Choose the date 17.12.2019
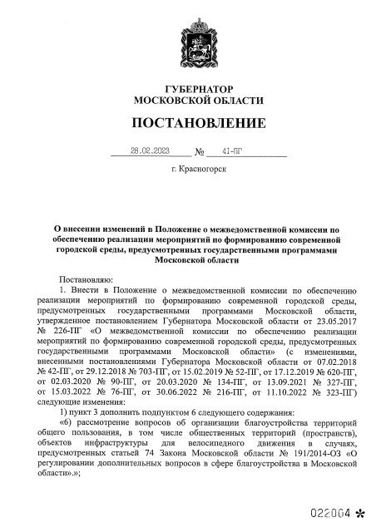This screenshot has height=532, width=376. point(285,372)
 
